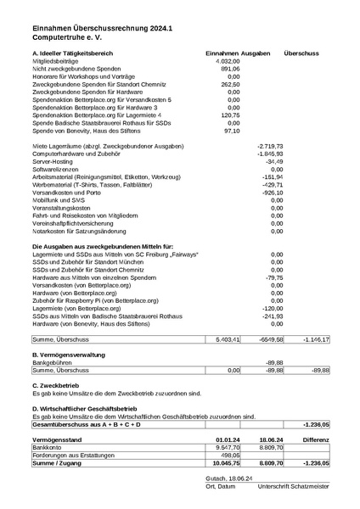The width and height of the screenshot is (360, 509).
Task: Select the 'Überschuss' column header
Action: [x=301, y=53]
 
